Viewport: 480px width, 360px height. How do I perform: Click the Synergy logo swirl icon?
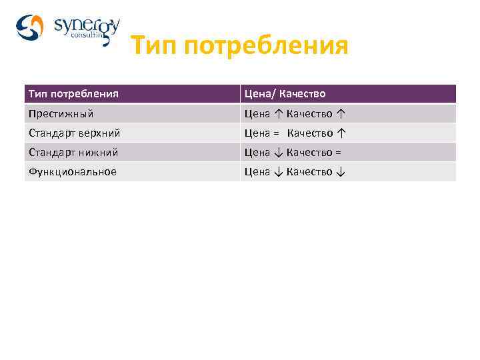pos(29,27)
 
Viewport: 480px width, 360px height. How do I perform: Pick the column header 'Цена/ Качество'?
pos(285,94)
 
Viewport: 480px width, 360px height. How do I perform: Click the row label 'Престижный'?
pos(61,113)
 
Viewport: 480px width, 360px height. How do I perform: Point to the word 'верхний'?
pos(99,133)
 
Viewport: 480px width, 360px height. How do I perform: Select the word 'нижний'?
pos(97,152)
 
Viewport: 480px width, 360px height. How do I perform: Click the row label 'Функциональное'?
pos(72,171)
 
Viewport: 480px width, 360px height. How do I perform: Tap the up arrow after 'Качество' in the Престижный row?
pos(341,113)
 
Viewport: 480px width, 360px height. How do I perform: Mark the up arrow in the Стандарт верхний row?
pos(341,133)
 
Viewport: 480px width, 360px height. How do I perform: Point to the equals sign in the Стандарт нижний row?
pos(339,152)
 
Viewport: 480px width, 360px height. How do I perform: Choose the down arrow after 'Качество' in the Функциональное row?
pos(341,171)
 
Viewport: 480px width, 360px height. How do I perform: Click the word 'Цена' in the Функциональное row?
pos(257,171)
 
